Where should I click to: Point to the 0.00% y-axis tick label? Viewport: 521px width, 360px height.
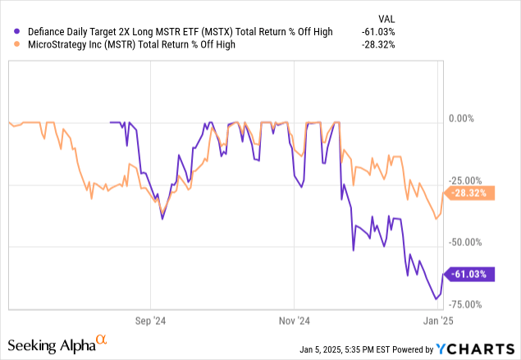tap(468, 119)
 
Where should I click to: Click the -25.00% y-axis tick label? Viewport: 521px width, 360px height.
tap(470, 181)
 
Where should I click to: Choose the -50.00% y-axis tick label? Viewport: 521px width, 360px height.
tap(470, 243)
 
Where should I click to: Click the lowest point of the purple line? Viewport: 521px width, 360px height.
tap(436, 299)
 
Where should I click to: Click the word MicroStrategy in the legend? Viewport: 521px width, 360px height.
tap(58, 45)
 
